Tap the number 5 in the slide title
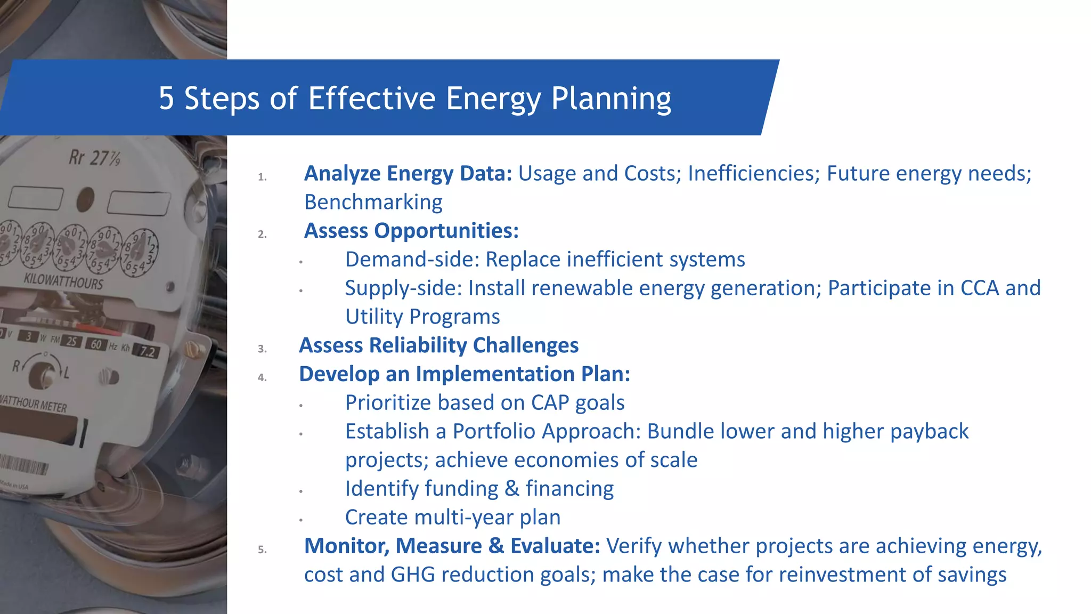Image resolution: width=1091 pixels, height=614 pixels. coord(166,99)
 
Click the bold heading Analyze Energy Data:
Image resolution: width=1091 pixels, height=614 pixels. coord(408,174)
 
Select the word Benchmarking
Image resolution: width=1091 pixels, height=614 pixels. coord(373,203)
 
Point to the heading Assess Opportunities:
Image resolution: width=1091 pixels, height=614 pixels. coord(411,231)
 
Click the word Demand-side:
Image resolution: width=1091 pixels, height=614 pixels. coord(412,260)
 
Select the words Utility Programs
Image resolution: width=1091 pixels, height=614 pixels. coord(422,317)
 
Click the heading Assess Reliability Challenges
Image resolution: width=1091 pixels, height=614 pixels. coord(438,345)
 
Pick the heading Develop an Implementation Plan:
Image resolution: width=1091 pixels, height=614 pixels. coord(464,374)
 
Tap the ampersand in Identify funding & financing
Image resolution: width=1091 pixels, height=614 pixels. coord(512,489)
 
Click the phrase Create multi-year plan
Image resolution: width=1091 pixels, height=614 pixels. coord(452,518)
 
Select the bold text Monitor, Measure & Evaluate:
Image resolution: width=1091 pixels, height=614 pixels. coord(452,546)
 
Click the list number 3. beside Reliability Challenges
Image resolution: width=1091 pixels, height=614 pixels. coord(262,349)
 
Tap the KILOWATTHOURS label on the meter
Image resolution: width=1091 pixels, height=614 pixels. coord(63,281)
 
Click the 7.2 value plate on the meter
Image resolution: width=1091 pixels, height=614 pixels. coord(146,351)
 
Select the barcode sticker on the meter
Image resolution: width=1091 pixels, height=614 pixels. coord(24,464)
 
